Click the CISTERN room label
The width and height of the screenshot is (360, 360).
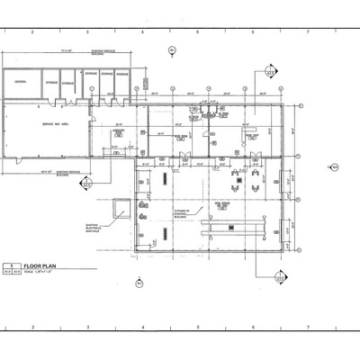point(20,82)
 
